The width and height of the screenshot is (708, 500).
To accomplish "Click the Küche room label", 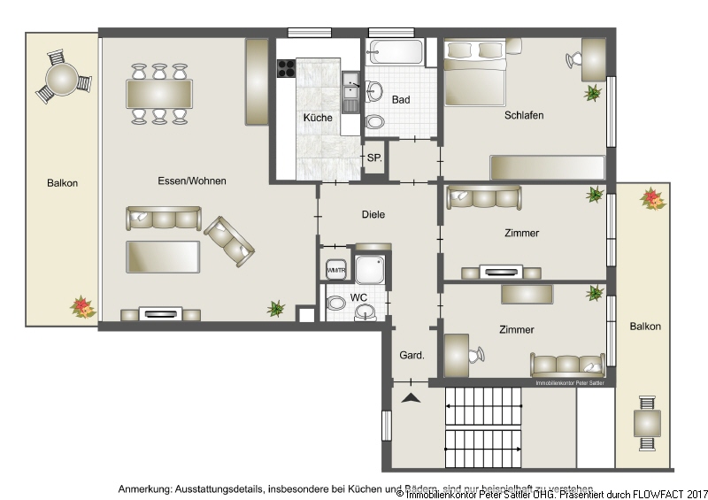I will click(318, 118).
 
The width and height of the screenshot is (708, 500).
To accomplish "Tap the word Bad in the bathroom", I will click(401, 100).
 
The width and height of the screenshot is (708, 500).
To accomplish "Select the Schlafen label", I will click(524, 115).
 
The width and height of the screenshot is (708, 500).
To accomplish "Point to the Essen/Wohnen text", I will click(192, 181).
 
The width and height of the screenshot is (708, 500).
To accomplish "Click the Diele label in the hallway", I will click(374, 214).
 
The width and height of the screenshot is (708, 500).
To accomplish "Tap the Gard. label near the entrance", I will click(412, 355).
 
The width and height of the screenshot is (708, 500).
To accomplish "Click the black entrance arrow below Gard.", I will click(411, 399).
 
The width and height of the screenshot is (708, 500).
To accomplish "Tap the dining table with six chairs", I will click(159, 93).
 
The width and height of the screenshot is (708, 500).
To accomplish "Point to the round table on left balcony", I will click(64, 81).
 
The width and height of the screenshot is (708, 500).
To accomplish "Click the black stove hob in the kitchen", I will click(285, 67).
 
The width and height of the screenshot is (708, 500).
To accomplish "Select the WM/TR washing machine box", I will click(336, 270).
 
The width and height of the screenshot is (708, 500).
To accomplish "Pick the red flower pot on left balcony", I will click(83, 306).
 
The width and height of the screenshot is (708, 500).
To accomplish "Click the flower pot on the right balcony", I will click(653, 198).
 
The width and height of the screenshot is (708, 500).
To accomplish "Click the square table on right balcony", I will click(647, 423).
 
